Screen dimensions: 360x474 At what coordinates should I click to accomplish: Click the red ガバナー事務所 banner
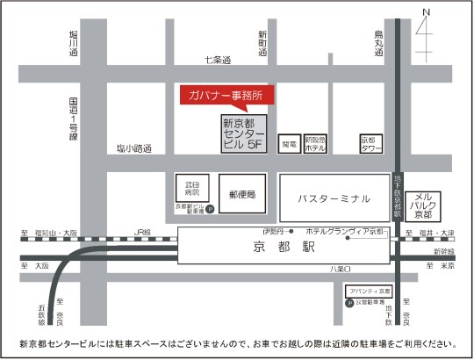click(226, 95)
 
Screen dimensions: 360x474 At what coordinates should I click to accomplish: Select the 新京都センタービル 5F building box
click(244, 133)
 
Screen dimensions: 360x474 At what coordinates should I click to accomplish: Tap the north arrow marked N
click(427, 26)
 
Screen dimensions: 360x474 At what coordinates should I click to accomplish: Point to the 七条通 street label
click(216, 60)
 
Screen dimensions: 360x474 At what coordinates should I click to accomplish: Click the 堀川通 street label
click(75, 43)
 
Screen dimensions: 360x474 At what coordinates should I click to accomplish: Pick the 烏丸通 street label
click(379, 43)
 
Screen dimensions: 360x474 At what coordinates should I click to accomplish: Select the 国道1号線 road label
click(75, 119)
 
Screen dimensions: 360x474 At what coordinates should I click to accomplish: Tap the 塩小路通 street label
click(133, 148)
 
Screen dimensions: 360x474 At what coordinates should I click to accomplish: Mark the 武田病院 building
click(191, 188)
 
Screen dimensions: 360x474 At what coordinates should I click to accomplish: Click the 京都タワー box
click(369, 143)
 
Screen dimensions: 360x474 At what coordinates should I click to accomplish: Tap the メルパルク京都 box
click(422, 205)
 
